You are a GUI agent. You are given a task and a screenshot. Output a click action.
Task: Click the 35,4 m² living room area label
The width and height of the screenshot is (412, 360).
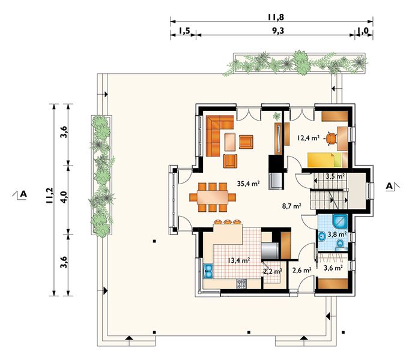point(248,184)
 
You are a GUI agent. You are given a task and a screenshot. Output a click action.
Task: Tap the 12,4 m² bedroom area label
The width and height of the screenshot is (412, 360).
point(309,137)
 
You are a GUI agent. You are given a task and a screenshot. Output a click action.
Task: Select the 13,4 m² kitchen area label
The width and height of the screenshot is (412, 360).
point(238,260)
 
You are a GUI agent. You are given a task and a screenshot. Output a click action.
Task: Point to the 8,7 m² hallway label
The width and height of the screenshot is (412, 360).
point(292,206)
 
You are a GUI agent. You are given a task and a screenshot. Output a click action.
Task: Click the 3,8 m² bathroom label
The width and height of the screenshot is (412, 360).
point(336,233)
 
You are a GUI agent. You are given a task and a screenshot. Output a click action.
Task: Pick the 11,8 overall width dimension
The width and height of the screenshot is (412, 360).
point(276,17)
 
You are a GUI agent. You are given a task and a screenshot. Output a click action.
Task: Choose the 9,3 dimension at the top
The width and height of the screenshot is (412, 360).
point(278,31)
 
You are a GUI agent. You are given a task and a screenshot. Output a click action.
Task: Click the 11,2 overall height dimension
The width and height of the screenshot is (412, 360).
point(49,196)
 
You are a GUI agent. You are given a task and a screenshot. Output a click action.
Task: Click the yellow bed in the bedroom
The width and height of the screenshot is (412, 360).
point(324,160)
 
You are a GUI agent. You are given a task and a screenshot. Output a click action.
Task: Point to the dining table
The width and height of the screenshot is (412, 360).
point(213,197)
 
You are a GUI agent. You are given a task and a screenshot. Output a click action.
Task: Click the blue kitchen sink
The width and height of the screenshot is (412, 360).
point(208,271)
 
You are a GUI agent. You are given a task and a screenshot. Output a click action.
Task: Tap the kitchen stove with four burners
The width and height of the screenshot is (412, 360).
point(241,284)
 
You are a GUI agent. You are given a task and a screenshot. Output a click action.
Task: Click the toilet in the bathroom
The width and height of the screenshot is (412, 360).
point(340,244)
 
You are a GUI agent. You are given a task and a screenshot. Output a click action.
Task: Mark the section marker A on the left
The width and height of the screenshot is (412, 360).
point(20,194)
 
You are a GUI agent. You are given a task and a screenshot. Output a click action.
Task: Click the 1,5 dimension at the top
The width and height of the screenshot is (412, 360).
point(184,31)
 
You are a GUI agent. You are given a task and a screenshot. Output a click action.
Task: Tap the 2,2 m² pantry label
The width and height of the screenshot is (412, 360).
point(273,271)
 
